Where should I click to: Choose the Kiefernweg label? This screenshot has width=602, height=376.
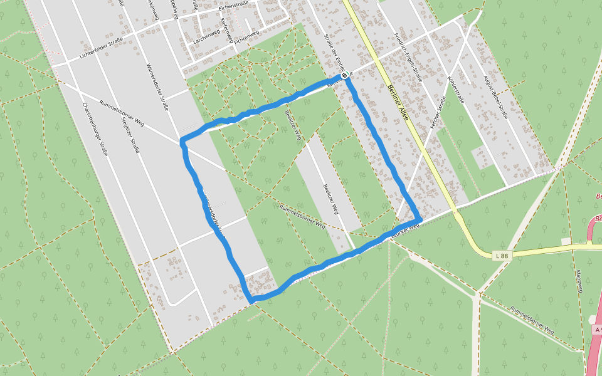226,30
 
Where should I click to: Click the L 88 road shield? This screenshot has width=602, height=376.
501,255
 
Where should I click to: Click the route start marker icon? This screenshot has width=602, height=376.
344,75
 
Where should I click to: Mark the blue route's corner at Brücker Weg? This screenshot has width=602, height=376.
418,219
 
